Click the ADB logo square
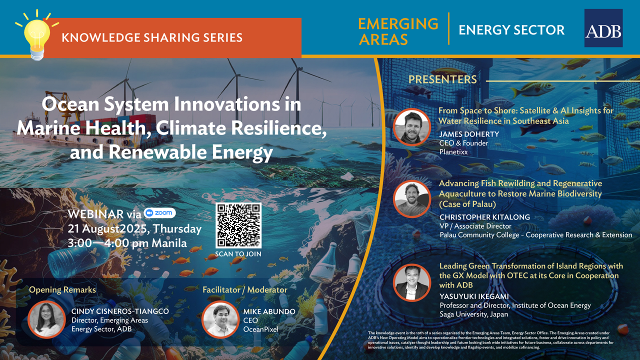[603, 28]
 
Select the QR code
[238, 225]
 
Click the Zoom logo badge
[159, 213]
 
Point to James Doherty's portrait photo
[411, 127]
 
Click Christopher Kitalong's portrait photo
[411, 199]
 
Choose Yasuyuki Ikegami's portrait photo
[411, 282]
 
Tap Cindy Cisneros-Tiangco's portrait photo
[46, 319]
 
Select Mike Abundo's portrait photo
[220, 319]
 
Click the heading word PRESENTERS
[442, 79]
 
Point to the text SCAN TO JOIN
[238, 254]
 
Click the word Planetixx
[453, 152]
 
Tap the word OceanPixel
[260, 329]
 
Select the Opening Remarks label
[62, 290]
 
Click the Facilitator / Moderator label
[245, 290]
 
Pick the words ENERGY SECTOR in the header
[511, 30]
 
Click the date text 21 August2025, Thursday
[134, 229]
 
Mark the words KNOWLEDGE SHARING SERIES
[152, 37]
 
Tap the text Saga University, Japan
[473, 314]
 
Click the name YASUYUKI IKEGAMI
[474, 296]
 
